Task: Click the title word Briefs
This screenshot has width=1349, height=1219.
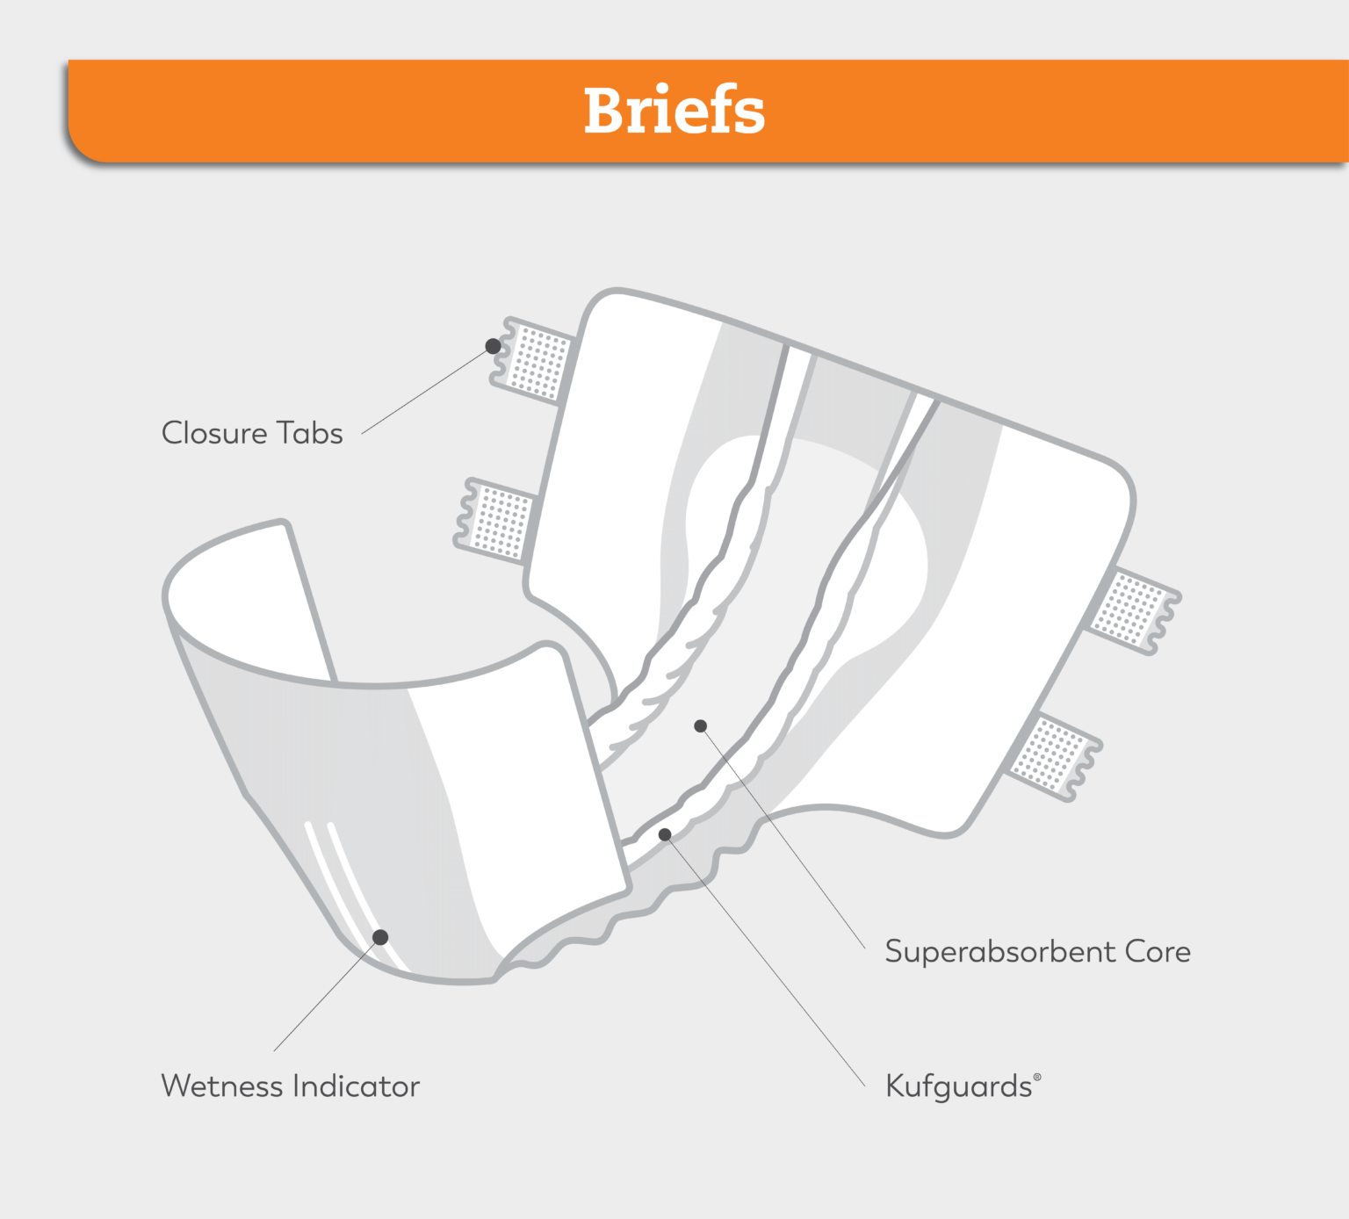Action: (x=674, y=111)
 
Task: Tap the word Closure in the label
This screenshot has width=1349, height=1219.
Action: (x=214, y=433)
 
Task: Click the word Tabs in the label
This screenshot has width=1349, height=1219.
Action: (x=309, y=433)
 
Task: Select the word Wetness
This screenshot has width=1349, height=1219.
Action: (x=222, y=1086)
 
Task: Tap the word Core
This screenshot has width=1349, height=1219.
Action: (x=1158, y=952)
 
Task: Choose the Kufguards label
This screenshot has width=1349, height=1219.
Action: (x=958, y=1086)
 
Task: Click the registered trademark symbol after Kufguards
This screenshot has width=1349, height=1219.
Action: (x=1037, y=1077)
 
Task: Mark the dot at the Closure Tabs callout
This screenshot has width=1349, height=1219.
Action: (x=494, y=346)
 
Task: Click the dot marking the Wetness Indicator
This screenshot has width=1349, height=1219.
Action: (x=380, y=937)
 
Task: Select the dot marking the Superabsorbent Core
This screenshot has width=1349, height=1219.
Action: (x=701, y=726)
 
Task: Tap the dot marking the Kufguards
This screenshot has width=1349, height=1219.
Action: (x=665, y=834)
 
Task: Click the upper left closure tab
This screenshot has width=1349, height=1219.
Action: (x=535, y=361)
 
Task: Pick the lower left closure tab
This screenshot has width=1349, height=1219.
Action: (x=497, y=519)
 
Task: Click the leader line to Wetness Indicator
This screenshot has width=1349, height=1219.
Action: (x=327, y=994)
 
